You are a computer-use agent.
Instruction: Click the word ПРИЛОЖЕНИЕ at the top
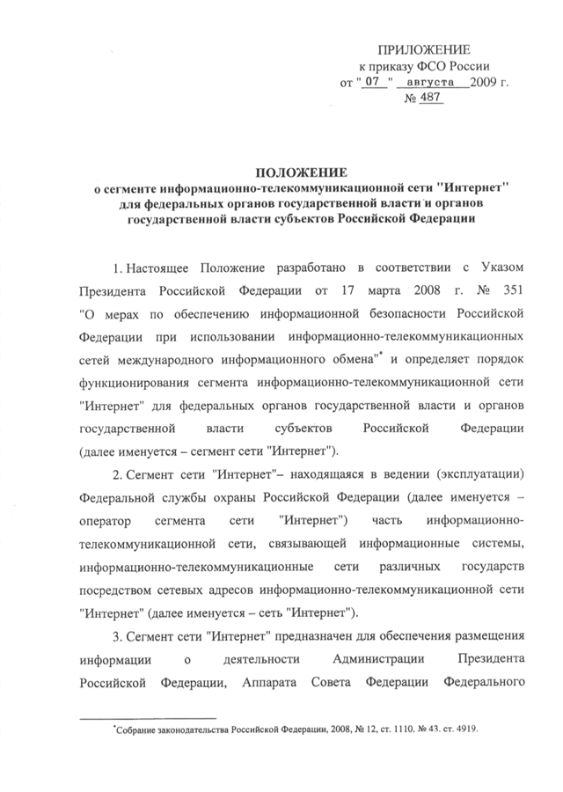tap(426, 49)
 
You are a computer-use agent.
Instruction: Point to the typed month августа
tap(430, 84)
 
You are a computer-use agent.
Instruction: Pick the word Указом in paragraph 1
tap(505, 265)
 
